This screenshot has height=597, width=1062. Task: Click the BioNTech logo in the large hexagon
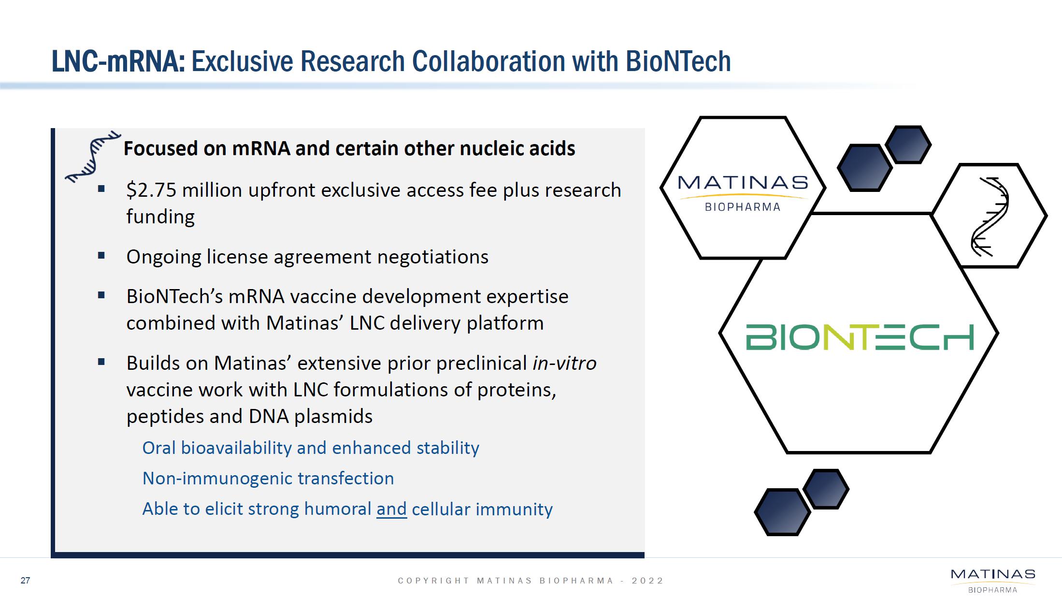pos(860,337)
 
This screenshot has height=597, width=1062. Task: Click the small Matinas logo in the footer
pos(993,581)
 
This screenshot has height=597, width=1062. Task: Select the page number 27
pos(26,581)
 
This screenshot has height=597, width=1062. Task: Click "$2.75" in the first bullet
pos(151,190)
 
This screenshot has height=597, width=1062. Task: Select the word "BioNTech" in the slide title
pos(678,61)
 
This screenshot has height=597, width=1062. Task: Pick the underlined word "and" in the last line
pos(391,509)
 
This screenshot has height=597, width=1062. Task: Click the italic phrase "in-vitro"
pos(564,363)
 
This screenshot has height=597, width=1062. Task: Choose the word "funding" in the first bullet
pos(160,217)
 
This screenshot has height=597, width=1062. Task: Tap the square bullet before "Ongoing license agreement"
pos(101,256)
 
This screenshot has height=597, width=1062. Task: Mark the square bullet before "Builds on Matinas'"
pos(101,362)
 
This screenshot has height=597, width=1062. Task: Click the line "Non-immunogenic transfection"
pos(268,478)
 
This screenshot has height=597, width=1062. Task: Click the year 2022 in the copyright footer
pos(647,581)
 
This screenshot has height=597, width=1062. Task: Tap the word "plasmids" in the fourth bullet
pos(333,416)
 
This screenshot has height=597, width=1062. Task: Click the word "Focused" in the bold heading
pos(161,148)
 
